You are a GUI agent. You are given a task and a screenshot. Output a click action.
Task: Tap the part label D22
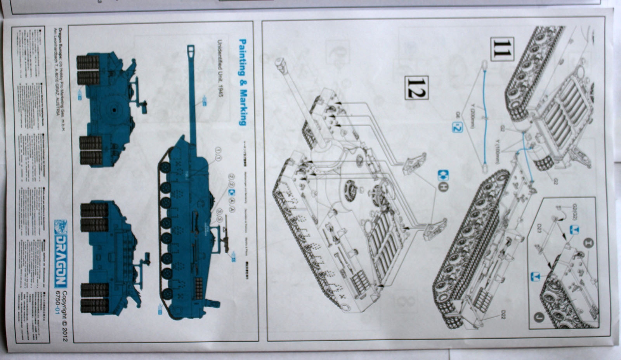503,315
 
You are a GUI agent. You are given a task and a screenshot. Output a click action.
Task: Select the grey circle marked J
538,317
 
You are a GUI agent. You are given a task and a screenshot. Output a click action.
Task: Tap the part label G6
458,114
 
